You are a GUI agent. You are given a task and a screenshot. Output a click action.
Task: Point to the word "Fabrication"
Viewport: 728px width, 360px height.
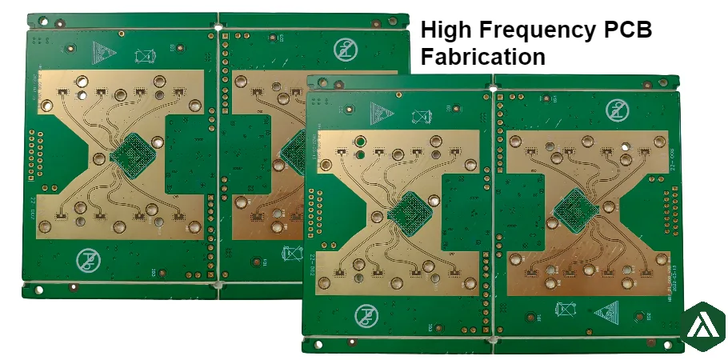tap(483, 57)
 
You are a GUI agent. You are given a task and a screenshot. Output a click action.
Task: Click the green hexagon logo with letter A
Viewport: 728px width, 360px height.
tap(705, 326)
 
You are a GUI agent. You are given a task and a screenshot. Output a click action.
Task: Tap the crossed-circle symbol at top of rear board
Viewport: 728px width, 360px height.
tap(346, 50)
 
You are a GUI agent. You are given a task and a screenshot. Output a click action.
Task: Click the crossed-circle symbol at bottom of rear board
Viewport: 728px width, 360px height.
tap(88, 260)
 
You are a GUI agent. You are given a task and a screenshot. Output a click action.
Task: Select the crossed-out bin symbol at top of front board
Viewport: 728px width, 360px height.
tap(419, 116)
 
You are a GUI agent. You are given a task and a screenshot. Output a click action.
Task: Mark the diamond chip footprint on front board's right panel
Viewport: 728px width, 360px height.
tap(574, 207)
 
